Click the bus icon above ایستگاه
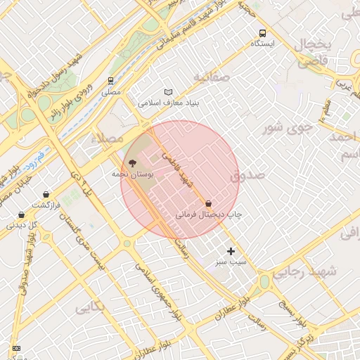pyautogui.click(x=263, y=33)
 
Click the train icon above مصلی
pyautogui.click(x=110, y=81)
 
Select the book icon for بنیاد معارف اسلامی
pyautogui.click(x=167, y=92)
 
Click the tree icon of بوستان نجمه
pyautogui.click(x=134, y=162)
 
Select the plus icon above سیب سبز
pyautogui.click(x=231, y=251)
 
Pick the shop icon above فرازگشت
pyautogui.click(x=46, y=194)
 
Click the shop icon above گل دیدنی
pyautogui.click(x=21, y=215)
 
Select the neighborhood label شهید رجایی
pyautogui.click(x=304, y=271)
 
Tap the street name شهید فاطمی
pyautogui.click(x=177, y=171)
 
